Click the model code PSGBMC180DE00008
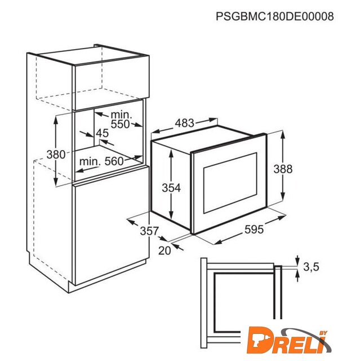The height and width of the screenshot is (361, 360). click(x=275, y=16)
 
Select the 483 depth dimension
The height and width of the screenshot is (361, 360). click(x=185, y=123)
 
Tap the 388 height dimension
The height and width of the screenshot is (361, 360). click(x=283, y=169)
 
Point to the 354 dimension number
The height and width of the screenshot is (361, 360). click(x=171, y=188)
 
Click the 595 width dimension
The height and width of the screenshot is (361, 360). click(x=254, y=230)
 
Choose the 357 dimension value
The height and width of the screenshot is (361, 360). click(x=149, y=231)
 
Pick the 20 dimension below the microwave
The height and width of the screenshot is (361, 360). click(x=165, y=250)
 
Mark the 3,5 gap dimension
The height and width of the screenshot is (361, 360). click(x=311, y=267)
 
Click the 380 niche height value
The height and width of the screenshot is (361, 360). click(x=56, y=154)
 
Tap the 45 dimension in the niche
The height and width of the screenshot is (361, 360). click(x=102, y=133)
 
